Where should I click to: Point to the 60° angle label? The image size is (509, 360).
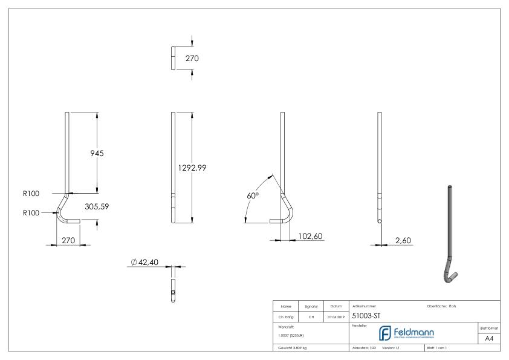[x=253, y=196]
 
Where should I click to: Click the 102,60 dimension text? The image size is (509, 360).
[x=310, y=237]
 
